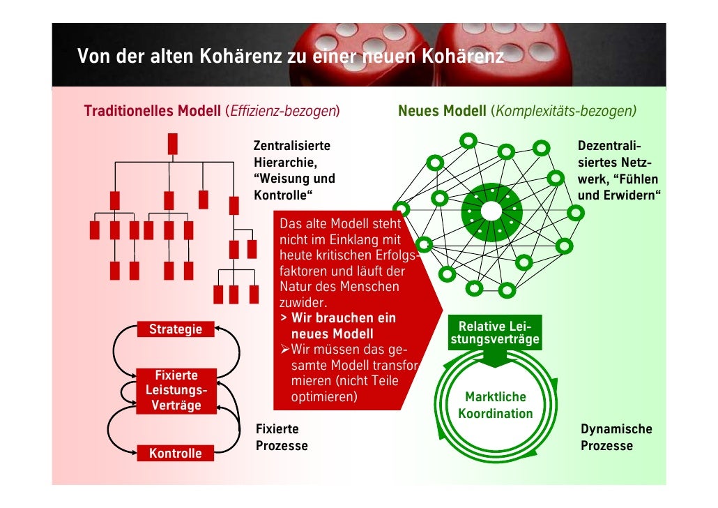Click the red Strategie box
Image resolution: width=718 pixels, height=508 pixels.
(x=175, y=329)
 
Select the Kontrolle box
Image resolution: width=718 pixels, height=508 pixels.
(x=175, y=454)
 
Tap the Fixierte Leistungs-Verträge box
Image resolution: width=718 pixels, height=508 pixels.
(x=175, y=390)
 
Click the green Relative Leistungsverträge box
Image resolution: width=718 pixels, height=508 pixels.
(x=494, y=334)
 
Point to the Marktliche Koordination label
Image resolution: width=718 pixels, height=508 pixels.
(x=495, y=405)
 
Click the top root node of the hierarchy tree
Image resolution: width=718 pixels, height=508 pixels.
(x=172, y=143)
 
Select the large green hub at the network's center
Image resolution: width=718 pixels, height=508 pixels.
(x=491, y=210)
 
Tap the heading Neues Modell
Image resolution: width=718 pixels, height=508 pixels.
(x=442, y=112)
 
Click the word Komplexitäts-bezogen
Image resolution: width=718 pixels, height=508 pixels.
(x=564, y=112)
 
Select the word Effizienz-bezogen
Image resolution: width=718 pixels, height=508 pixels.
(x=283, y=112)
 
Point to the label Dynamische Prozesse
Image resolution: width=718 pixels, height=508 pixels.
(x=616, y=438)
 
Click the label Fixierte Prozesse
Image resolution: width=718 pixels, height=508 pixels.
(x=282, y=438)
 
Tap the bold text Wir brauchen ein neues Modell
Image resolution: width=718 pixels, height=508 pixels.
(x=337, y=326)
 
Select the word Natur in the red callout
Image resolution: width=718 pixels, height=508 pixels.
(x=294, y=287)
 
